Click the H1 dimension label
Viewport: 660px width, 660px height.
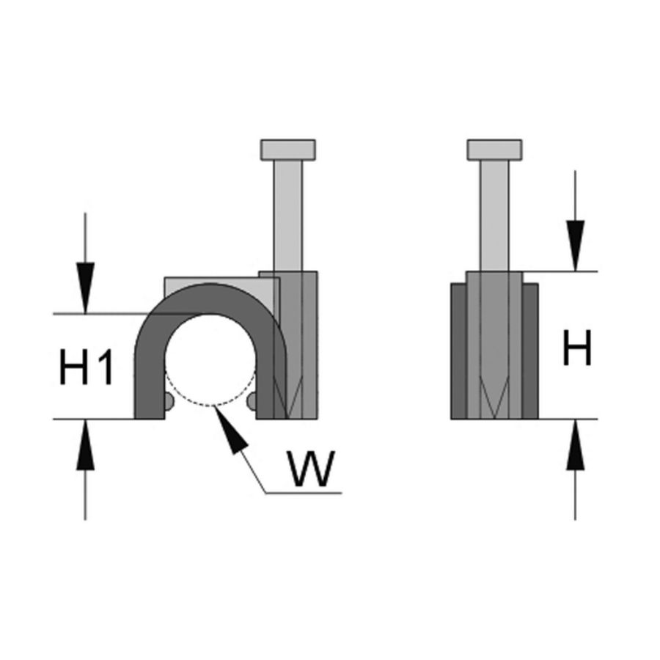click(x=87, y=367)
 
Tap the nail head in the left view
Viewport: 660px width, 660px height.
click(x=289, y=150)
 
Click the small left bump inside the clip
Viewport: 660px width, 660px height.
click(x=169, y=401)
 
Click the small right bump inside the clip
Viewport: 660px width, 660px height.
click(x=254, y=401)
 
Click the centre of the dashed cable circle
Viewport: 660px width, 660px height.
click(x=211, y=360)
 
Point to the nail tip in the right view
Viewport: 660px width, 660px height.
click(x=495, y=407)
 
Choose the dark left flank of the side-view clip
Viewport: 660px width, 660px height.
click(x=458, y=352)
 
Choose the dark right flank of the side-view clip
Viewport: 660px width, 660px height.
click(x=531, y=352)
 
